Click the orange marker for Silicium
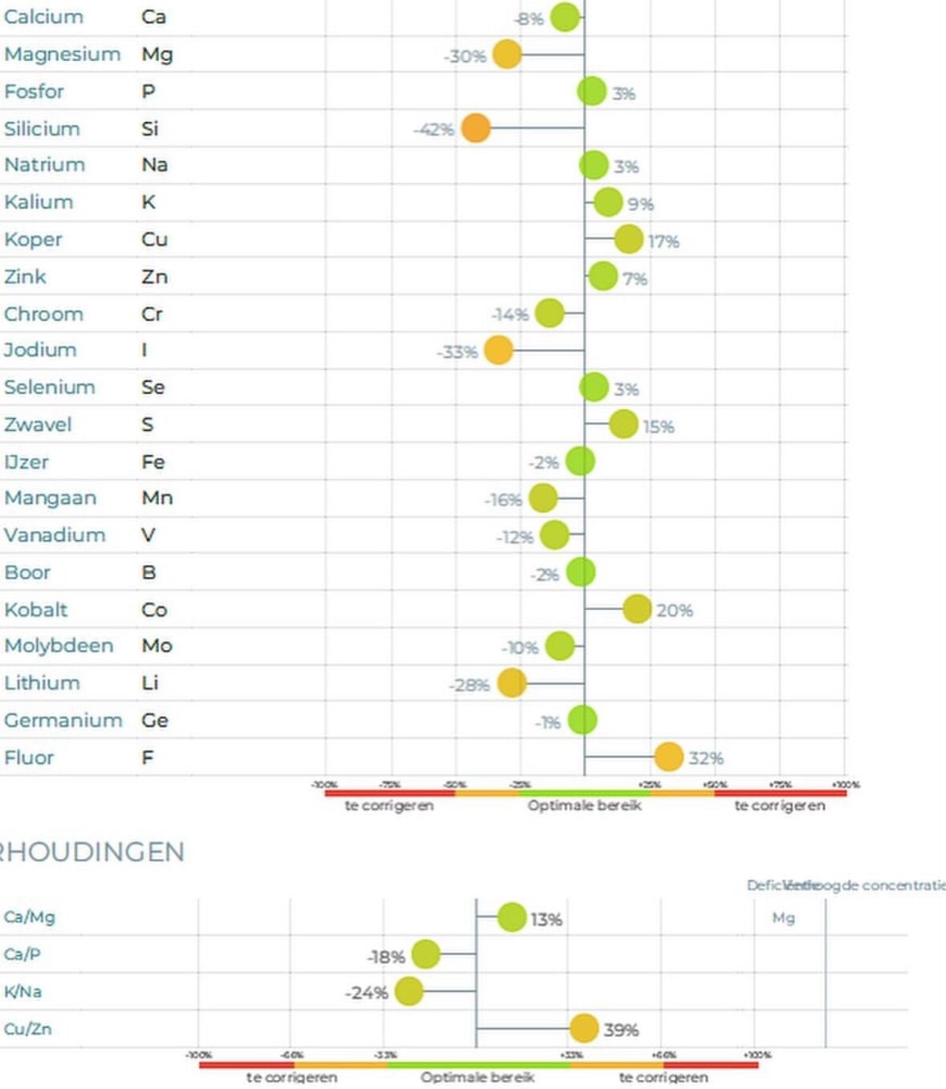(x=476, y=128)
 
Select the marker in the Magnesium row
(x=507, y=55)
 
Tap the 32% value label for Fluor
(x=705, y=758)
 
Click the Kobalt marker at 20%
(x=637, y=609)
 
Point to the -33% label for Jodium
(x=457, y=352)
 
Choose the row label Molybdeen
(x=59, y=646)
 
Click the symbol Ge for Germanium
(x=155, y=721)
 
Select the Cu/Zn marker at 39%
(x=584, y=1028)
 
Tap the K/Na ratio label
(x=23, y=992)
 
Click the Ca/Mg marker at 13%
(x=512, y=917)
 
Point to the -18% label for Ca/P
(x=386, y=957)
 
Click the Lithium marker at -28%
(x=512, y=683)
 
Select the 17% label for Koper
(x=664, y=242)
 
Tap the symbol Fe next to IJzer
(x=153, y=462)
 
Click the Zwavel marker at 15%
(x=623, y=424)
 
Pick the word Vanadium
(x=55, y=535)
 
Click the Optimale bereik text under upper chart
(x=584, y=805)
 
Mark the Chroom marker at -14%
(x=550, y=313)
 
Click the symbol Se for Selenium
(x=153, y=388)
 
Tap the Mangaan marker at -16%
(x=543, y=498)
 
